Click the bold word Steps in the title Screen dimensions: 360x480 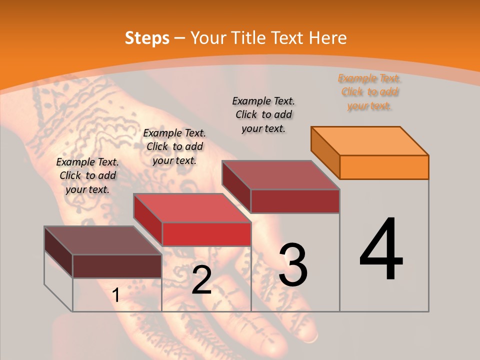[147, 38]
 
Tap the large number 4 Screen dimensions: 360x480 [381, 250]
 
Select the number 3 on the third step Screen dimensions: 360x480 [293, 265]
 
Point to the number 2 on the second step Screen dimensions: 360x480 [201, 280]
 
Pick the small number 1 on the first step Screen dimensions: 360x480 [116, 295]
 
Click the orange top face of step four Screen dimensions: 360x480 [370, 140]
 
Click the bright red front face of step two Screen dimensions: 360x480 [206, 234]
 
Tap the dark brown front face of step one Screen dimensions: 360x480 [117, 266]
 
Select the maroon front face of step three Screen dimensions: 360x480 [295, 201]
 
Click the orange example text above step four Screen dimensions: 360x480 [369, 92]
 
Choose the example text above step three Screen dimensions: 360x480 [263, 114]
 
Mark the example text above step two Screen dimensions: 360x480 [174, 146]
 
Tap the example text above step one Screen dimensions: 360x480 [87, 175]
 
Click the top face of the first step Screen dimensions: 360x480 [102, 240]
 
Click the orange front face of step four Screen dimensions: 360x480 [384, 167]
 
